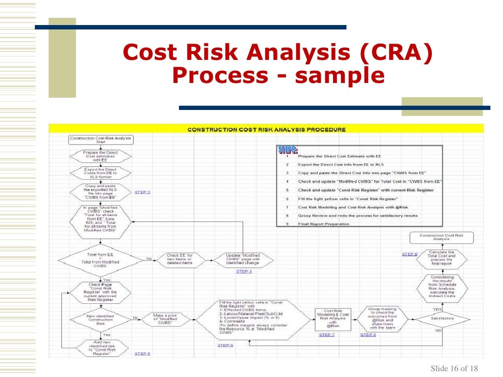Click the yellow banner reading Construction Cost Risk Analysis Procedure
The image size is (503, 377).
(x=266, y=130)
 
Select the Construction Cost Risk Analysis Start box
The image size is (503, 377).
(x=101, y=139)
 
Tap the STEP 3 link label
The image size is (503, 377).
(x=142, y=192)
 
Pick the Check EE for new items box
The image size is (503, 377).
(x=180, y=259)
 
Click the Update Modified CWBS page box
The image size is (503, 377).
(x=243, y=259)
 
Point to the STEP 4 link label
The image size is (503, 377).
(x=244, y=271)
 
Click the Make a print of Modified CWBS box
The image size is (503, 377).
(x=165, y=319)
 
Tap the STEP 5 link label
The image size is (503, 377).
(x=142, y=353)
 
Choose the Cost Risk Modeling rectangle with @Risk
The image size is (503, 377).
(x=333, y=319)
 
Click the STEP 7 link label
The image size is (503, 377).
(x=327, y=335)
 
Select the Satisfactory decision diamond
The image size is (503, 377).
(x=442, y=319)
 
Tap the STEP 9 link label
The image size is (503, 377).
(x=410, y=254)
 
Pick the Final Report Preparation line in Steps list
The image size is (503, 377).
(x=324, y=224)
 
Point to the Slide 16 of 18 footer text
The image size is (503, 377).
(x=454, y=369)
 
